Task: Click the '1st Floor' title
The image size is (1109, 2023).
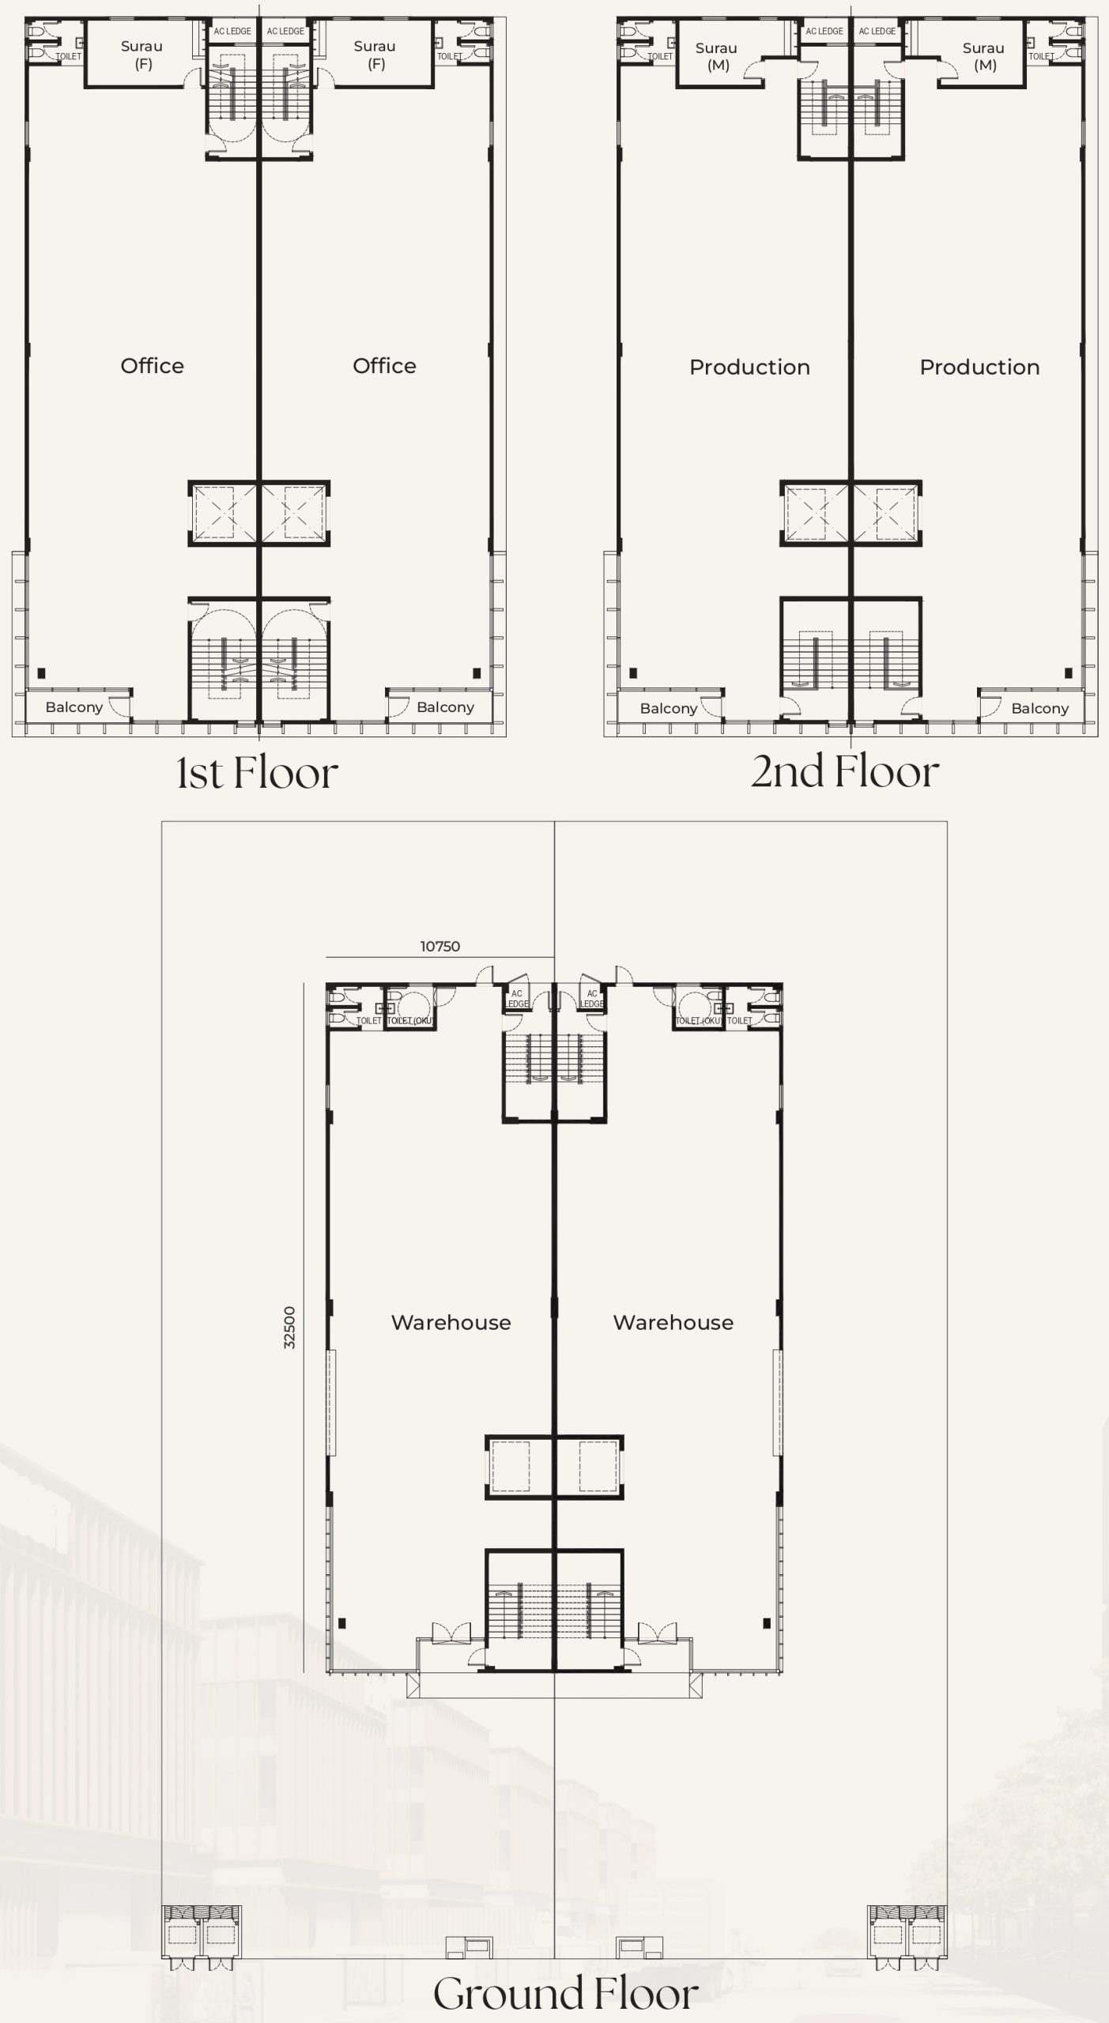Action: [258, 773]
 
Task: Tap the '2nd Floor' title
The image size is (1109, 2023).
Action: [845, 771]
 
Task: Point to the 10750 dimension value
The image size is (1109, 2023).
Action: [439, 946]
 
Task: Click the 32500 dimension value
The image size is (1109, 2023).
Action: [289, 1328]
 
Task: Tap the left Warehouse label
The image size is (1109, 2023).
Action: [451, 1323]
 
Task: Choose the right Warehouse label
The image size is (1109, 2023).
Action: [673, 1323]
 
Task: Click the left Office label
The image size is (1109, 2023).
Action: [152, 366]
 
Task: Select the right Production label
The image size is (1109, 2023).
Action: [979, 367]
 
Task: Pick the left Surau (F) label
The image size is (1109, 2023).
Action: [142, 55]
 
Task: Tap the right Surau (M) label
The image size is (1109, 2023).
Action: [984, 57]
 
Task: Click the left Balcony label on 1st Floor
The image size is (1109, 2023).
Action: [74, 707]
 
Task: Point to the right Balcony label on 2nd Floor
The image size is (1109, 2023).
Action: [1040, 709]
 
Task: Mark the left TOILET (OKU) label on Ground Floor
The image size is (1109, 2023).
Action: [409, 1021]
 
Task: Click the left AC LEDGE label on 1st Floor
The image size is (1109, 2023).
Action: [232, 32]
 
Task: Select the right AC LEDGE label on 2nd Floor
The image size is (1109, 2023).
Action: [877, 32]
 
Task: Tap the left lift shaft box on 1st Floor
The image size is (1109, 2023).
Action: [224, 514]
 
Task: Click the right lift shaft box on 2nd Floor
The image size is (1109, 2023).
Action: [886, 514]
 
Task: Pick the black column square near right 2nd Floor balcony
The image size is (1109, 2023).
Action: [1068, 673]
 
